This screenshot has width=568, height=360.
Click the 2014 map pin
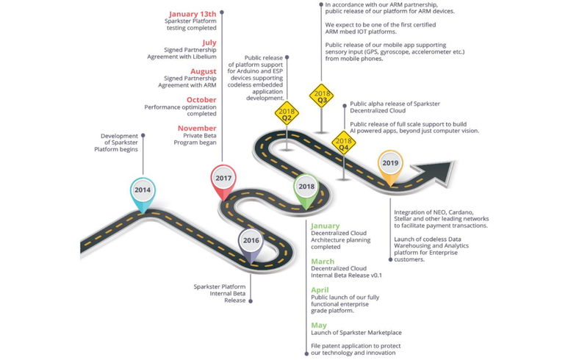coord(143,190)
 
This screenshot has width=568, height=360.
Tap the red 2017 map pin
coord(223,179)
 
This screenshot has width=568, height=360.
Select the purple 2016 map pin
coord(251,241)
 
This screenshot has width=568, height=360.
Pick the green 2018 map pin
coord(306,187)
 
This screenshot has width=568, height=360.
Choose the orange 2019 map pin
coord(390,164)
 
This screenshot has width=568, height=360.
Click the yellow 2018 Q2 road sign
coord(287,114)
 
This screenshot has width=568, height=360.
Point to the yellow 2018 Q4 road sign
coord(343,143)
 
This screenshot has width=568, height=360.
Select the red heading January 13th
coord(193,14)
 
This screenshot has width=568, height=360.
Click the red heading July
coord(209,43)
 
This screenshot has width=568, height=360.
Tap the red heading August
coord(203,71)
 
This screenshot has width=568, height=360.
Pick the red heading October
coord(201,100)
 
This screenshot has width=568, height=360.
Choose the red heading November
coord(197,129)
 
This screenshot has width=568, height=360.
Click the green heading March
coord(322,262)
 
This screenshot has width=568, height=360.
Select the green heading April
coord(320,290)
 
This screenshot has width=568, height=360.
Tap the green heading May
coord(318,325)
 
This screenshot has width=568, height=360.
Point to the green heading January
coord(326,226)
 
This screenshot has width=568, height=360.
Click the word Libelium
coord(203,58)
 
